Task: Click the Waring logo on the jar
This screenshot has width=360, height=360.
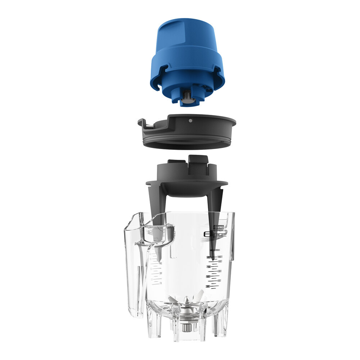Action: click(x=218, y=228)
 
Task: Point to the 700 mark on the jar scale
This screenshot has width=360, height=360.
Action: click(x=208, y=267)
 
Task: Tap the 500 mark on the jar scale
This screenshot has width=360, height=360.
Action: click(x=208, y=276)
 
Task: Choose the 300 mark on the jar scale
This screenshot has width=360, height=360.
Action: click(x=208, y=286)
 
